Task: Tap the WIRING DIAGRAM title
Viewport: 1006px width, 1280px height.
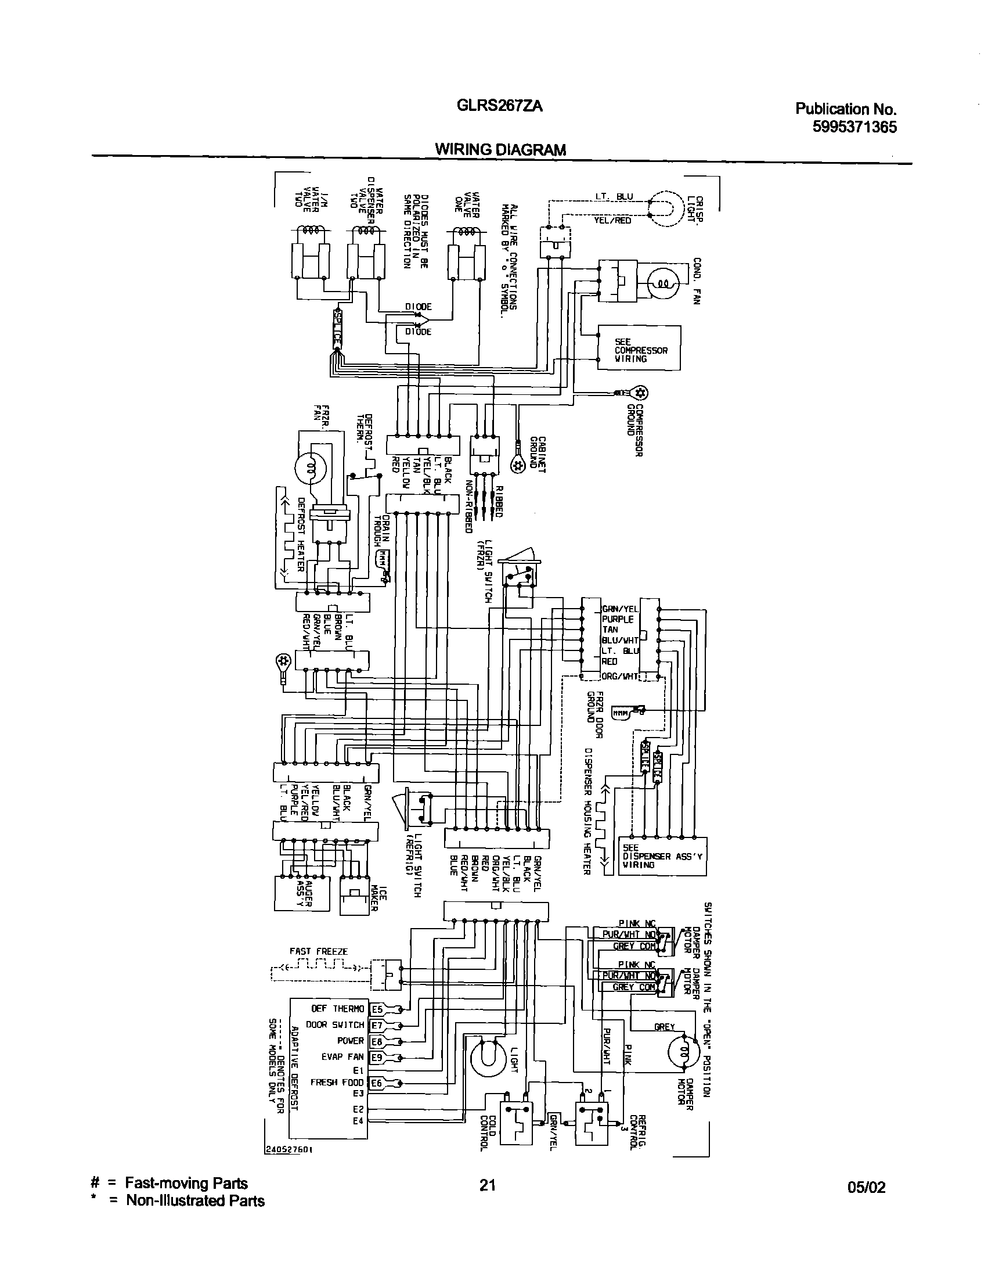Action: tap(500, 150)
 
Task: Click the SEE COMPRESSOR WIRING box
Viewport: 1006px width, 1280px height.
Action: tap(639, 348)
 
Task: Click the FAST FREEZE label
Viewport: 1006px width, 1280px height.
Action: tap(318, 951)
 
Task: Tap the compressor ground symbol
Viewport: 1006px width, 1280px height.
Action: tap(640, 393)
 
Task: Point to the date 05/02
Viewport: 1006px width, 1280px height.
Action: tap(866, 1188)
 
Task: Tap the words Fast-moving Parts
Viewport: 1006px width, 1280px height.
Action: tap(186, 1184)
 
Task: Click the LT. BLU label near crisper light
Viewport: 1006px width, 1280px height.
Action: tap(612, 196)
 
